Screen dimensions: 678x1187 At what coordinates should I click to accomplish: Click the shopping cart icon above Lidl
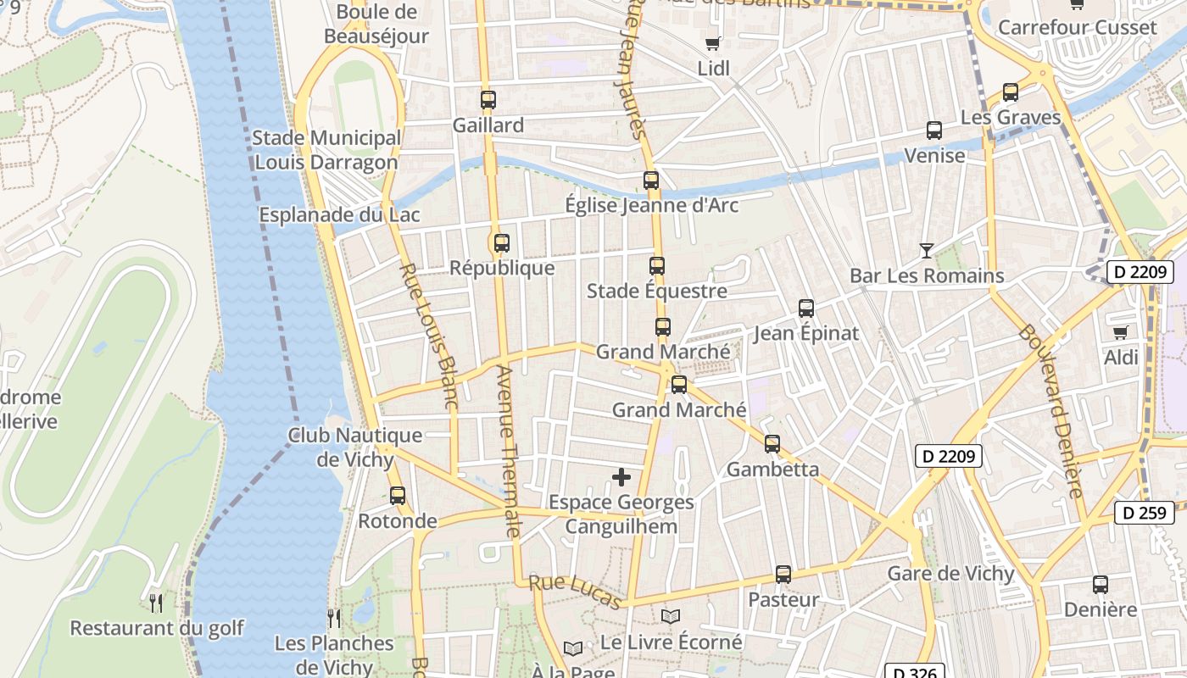pyautogui.click(x=712, y=43)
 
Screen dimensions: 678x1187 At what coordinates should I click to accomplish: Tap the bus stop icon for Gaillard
pyautogui.click(x=488, y=100)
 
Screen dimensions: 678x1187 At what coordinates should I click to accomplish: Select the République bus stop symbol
pyautogui.click(x=502, y=243)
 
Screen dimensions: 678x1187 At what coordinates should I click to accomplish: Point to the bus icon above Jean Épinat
pyautogui.click(x=806, y=308)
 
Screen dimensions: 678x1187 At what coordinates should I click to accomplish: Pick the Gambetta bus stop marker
pyautogui.click(x=772, y=444)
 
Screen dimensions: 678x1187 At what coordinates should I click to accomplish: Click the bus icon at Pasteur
pyautogui.click(x=783, y=575)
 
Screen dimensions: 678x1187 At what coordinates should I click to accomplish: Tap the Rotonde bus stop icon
pyautogui.click(x=397, y=496)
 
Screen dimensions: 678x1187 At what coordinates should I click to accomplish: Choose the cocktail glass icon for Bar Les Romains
pyautogui.click(x=927, y=251)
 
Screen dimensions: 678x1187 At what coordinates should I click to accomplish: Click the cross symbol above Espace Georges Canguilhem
pyautogui.click(x=621, y=477)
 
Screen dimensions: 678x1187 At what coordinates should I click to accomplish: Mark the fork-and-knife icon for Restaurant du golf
pyautogui.click(x=156, y=603)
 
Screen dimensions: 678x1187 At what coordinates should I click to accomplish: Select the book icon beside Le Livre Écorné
pyautogui.click(x=671, y=617)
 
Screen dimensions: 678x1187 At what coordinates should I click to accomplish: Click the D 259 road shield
pyautogui.click(x=1144, y=512)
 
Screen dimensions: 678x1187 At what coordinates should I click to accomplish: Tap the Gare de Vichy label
pyautogui.click(x=950, y=574)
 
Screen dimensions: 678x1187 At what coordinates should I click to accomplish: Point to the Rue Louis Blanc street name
pyautogui.click(x=428, y=336)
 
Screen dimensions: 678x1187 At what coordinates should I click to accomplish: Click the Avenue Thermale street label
pyautogui.click(x=507, y=452)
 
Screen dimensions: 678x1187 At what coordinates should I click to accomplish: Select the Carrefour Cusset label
pyautogui.click(x=1077, y=27)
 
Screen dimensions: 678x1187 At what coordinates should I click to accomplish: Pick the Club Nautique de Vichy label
pyautogui.click(x=355, y=447)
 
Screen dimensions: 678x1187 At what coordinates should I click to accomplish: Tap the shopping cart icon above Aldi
pyautogui.click(x=1121, y=332)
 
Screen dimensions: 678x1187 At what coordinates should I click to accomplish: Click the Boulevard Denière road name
pyautogui.click(x=1051, y=410)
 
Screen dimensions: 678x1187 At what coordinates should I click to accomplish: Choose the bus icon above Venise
pyautogui.click(x=934, y=131)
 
